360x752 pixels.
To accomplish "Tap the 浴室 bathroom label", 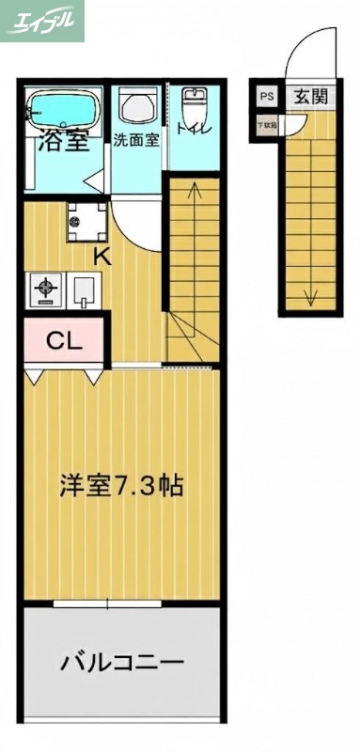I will (63, 143).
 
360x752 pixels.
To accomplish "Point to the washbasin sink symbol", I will (137, 107).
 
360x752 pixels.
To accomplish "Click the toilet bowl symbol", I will (194, 103).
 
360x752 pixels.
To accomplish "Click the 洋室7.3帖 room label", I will (120, 486).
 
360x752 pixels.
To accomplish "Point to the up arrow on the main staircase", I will (195, 193).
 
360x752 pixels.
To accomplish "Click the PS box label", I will (266, 96).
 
